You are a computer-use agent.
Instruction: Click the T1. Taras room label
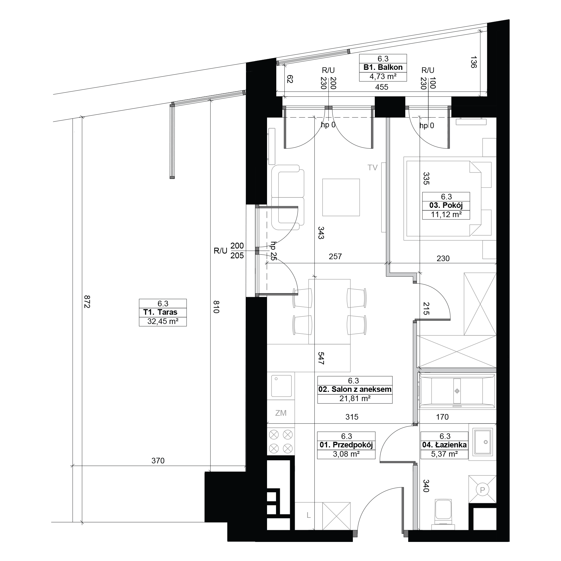click(160, 312)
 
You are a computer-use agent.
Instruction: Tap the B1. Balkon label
click(383, 67)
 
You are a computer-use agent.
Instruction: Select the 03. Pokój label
click(446, 206)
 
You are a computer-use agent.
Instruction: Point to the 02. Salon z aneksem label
click(355, 389)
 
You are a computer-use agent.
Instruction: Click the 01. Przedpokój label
click(346, 445)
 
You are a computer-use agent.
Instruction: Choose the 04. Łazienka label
click(444, 445)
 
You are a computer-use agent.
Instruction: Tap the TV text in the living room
click(373, 167)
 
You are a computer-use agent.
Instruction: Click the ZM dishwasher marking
click(281, 413)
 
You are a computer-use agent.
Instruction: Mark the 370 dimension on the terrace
click(158, 461)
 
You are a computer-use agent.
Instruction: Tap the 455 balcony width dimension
click(381, 87)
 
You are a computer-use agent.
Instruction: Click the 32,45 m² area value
click(163, 321)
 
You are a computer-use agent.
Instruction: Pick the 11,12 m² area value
click(446, 215)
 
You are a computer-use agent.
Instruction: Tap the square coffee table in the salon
click(341, 197)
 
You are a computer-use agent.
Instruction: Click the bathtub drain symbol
click(457, 391)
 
